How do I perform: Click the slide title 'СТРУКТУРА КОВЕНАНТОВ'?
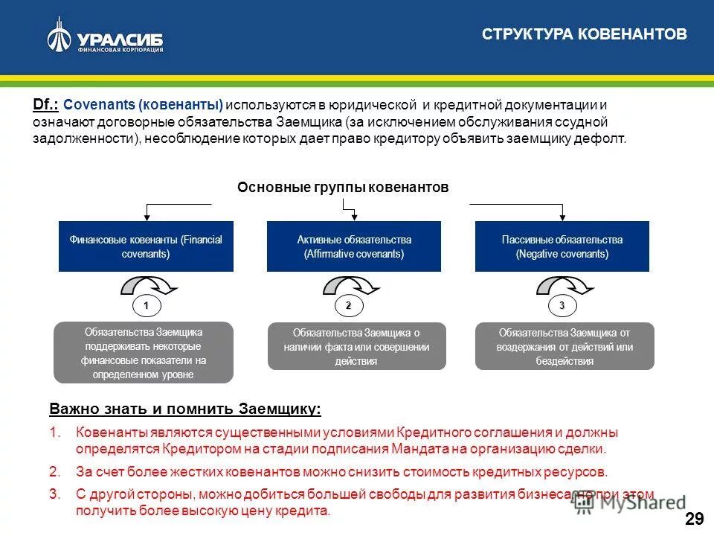pos(585,34)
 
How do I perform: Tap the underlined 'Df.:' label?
pos(46,106)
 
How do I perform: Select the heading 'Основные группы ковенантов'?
pos(343,188)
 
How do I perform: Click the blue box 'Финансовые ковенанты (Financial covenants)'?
pos(146,246)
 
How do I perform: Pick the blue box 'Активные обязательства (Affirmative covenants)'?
pos(353,246)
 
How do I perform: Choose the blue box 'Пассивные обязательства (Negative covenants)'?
pos(562,246)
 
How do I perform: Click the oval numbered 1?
pos(147,305)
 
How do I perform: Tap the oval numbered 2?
pos(348,305)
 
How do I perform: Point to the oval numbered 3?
pos(562,305)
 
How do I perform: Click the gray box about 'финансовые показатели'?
pos(144,353)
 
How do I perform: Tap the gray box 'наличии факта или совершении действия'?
pos(356,347)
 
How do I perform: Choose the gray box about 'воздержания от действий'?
pos(565,347)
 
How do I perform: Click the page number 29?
pos(694,520)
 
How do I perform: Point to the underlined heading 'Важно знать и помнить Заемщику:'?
pos(185,409)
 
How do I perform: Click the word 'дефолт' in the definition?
pos(605,138)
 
